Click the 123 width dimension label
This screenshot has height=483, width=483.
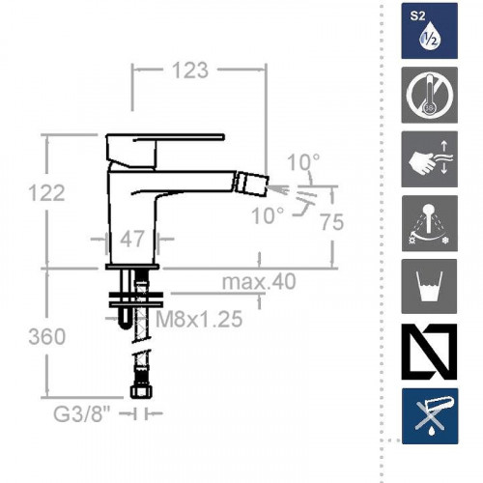click(190, 71)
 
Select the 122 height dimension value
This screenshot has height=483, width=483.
click(46, 193)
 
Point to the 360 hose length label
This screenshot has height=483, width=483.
click(47, 337)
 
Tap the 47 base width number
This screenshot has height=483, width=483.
click(132, 239)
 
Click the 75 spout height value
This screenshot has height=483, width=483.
click(332, 222)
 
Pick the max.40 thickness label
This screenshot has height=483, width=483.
click(259, 281)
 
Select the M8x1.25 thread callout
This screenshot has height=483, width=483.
click(199, 319)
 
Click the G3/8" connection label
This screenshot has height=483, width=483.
click(82, 414)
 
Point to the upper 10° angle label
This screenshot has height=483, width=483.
click(303, 162)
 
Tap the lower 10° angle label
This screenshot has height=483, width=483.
click(268, 215)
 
